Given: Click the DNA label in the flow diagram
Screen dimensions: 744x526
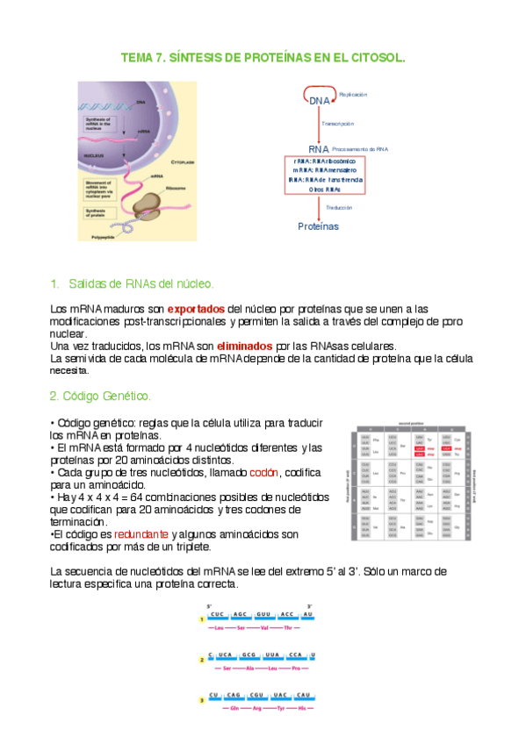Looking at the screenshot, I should point(319,102).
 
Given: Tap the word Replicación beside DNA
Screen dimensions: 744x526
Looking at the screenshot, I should point(353,94).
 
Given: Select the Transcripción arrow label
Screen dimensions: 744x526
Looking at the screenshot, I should point(338,125).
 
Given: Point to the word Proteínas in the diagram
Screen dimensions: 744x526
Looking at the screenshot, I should point(318,225).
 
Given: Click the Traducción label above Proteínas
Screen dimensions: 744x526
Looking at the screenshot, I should point(339,208).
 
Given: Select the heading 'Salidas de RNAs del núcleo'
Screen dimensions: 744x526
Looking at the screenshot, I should point(141,285).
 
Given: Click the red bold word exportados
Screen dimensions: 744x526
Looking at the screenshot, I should point(196,309).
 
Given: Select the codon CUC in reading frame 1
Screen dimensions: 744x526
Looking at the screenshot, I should point(217,616).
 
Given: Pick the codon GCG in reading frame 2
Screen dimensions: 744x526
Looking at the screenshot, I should point(249,655).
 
